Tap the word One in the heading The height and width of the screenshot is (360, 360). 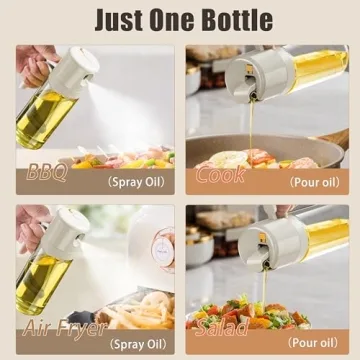(167, 19)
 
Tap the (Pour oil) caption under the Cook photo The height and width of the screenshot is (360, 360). (314, 183)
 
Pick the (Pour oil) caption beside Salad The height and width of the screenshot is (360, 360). (314, 343)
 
